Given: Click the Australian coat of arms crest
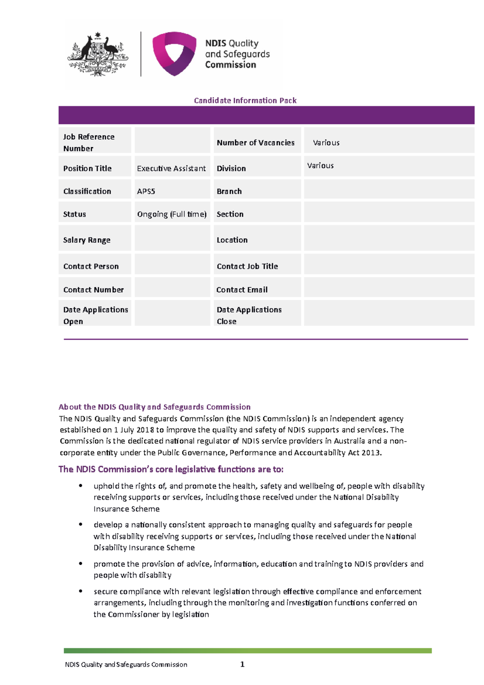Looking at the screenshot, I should click(98, 54).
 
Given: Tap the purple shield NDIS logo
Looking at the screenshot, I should click(174, 53).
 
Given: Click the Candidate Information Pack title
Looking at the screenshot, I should click(245, 100).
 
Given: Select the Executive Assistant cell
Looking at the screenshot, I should click(171, 168).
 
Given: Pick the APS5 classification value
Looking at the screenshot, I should click(146, 191).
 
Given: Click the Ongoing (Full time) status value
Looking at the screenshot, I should click(172, 214).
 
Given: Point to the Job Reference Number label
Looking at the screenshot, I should click(89, 142).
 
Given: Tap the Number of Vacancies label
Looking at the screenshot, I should click(255, 142).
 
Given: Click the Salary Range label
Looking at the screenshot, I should click(87, 240).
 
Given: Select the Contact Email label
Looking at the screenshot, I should click(242, 290).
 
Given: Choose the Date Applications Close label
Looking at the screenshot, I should click(249, 315).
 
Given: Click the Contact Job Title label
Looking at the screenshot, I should click(247, 266).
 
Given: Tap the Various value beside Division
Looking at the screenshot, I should click(320, 165).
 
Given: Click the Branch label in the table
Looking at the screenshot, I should click(229, 191).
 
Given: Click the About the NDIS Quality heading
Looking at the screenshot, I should click(154, 407).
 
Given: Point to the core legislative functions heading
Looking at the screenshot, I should click(171, 469).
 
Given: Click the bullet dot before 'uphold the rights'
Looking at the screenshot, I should click(81, 486).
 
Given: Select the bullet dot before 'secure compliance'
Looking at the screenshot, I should click(81, 591).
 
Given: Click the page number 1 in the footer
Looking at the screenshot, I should click(242, 664).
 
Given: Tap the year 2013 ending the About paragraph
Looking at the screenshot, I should click(371, 453).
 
